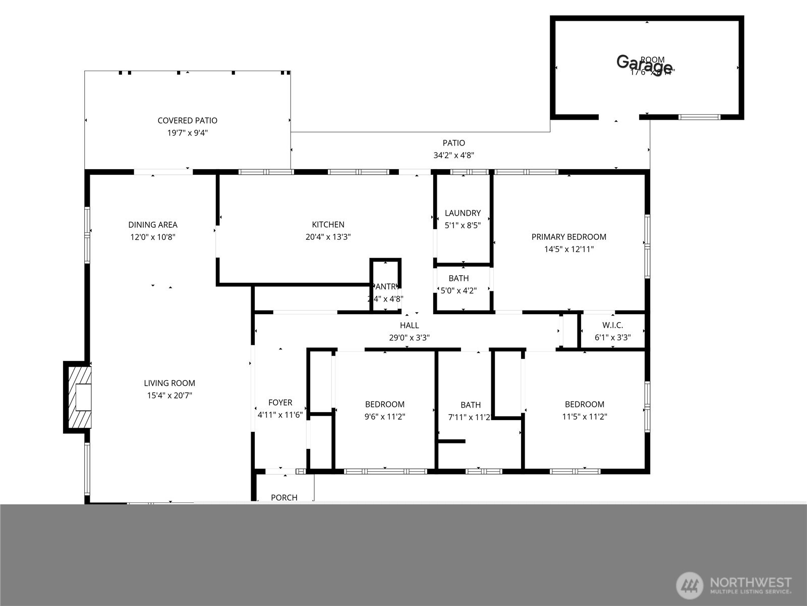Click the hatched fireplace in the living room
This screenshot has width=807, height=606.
click(79, 397)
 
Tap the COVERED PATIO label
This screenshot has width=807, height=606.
click(187, 121)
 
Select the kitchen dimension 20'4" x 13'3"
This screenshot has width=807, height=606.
click(328, 237)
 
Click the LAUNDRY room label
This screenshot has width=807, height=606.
click(463, 213)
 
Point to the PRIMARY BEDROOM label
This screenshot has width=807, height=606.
click(568, 237)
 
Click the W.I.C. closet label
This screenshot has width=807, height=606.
click(612, 325)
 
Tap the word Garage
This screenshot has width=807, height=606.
click(644, 64)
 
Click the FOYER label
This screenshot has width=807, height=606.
click(280, 402)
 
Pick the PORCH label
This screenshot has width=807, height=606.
click(284, 497)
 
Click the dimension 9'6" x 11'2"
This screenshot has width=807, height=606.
click(385, 417)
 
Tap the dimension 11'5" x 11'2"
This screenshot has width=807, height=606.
click(585, 417)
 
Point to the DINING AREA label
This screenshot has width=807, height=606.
click(153, 225)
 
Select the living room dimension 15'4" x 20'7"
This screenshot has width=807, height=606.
click(169, 395)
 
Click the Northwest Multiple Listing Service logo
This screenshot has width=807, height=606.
click(734, 585)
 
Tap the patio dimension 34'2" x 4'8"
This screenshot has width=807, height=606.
click(453, 156)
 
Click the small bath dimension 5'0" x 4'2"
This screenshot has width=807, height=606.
click(458, 291)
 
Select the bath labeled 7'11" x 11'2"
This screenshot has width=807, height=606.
click(470, 417)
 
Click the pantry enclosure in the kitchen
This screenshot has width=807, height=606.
click(386, 285)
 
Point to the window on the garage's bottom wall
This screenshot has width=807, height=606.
click(699, 117)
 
